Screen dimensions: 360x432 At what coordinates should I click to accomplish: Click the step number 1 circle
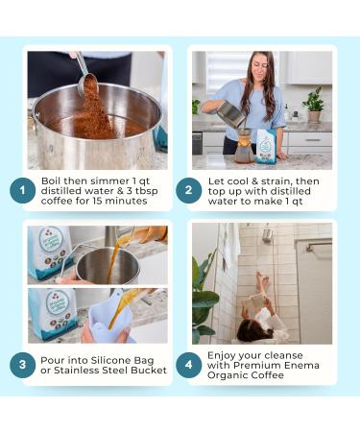(22, 191)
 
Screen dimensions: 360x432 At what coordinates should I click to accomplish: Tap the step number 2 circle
(188, 190)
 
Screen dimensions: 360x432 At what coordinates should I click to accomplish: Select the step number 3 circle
(22, 365)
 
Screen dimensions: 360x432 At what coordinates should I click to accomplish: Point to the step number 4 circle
(188, 365)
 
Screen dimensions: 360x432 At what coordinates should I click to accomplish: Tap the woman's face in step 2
(261, 68)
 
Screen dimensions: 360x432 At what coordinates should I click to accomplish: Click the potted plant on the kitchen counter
(314, 105)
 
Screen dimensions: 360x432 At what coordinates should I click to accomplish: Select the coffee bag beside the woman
(266, 146)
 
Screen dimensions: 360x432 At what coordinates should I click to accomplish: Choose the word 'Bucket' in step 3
(150, 371)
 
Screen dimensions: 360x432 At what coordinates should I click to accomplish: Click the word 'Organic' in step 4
(226, 375)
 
